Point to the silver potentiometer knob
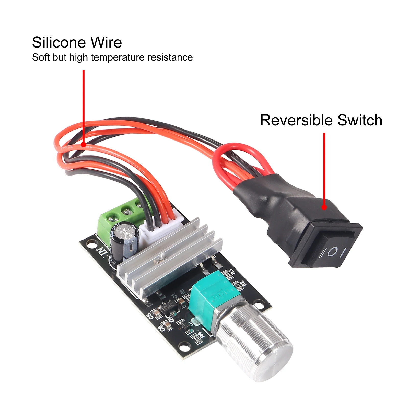(x=255, y=342)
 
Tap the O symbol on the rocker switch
(x=332, y=252)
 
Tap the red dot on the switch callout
(x=324, y=207)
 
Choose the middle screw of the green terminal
(x=126, y=211)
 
